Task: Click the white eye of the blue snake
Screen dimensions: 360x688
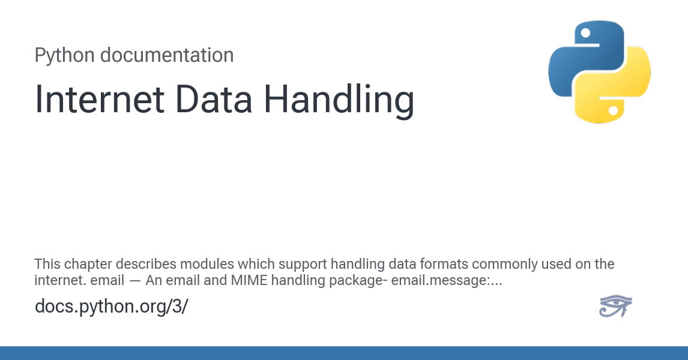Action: pyautogui.click(x=585, y=33)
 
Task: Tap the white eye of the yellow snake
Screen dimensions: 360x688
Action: pyautogui.click(x=613, y=110)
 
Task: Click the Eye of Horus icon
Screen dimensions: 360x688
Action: pyautogui.click(x=615, y=306)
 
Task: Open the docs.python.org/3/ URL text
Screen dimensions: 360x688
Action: pyautogui.click(x=112, y=306)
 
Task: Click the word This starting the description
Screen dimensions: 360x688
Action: pyautogui.click(x=47, y=264)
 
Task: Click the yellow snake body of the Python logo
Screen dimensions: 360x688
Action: pyautogui.click(x=624, y=90)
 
